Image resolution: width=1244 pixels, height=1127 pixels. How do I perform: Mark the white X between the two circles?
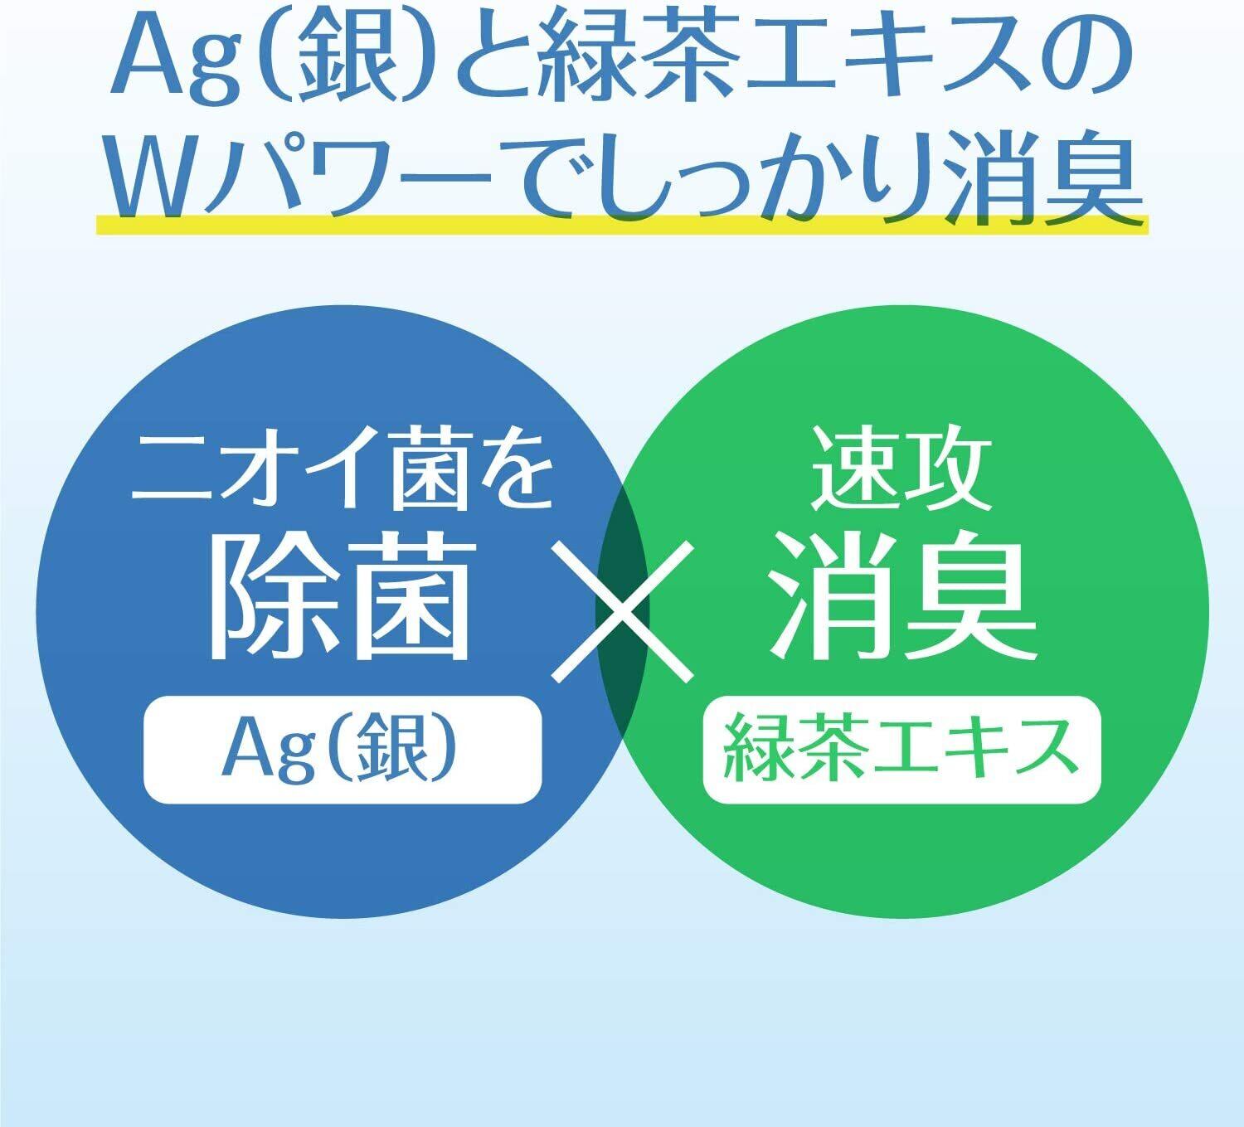coord(622,611)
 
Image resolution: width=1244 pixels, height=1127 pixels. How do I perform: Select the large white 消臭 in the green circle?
coord(902,596)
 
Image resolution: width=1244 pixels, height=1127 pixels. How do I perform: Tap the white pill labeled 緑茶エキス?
coord(902,750)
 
